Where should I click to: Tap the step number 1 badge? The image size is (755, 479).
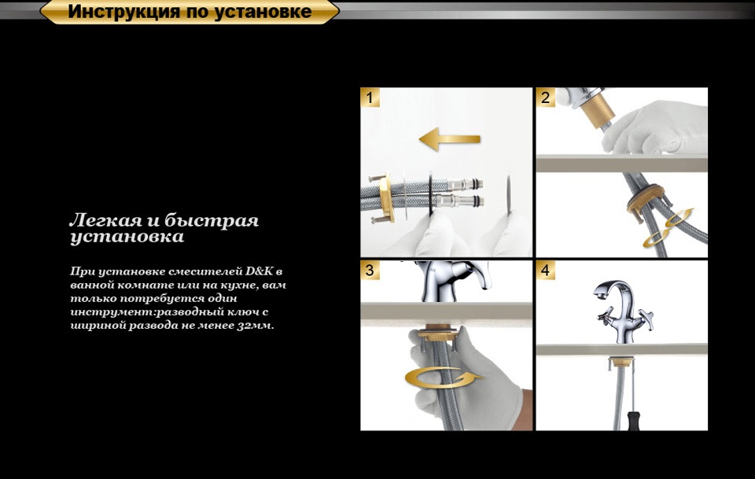tap(370, 98)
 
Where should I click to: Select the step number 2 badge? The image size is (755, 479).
tap(545, 98)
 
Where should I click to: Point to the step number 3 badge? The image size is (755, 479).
tap(370, 270)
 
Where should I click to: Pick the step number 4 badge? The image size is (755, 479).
tap(545, 270)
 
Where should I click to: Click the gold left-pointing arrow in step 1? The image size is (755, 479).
tap(449, 139)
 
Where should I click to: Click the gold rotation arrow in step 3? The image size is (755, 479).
tap(443, 378)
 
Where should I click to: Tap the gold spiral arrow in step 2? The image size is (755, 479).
tap(668, 229)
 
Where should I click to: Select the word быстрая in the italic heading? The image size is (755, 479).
tap(212, 221)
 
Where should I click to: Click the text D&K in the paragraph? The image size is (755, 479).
tap(260, 271)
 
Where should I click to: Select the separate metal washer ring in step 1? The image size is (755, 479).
tap(509, 197)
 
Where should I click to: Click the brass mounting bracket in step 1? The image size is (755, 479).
tap(385, 197)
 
